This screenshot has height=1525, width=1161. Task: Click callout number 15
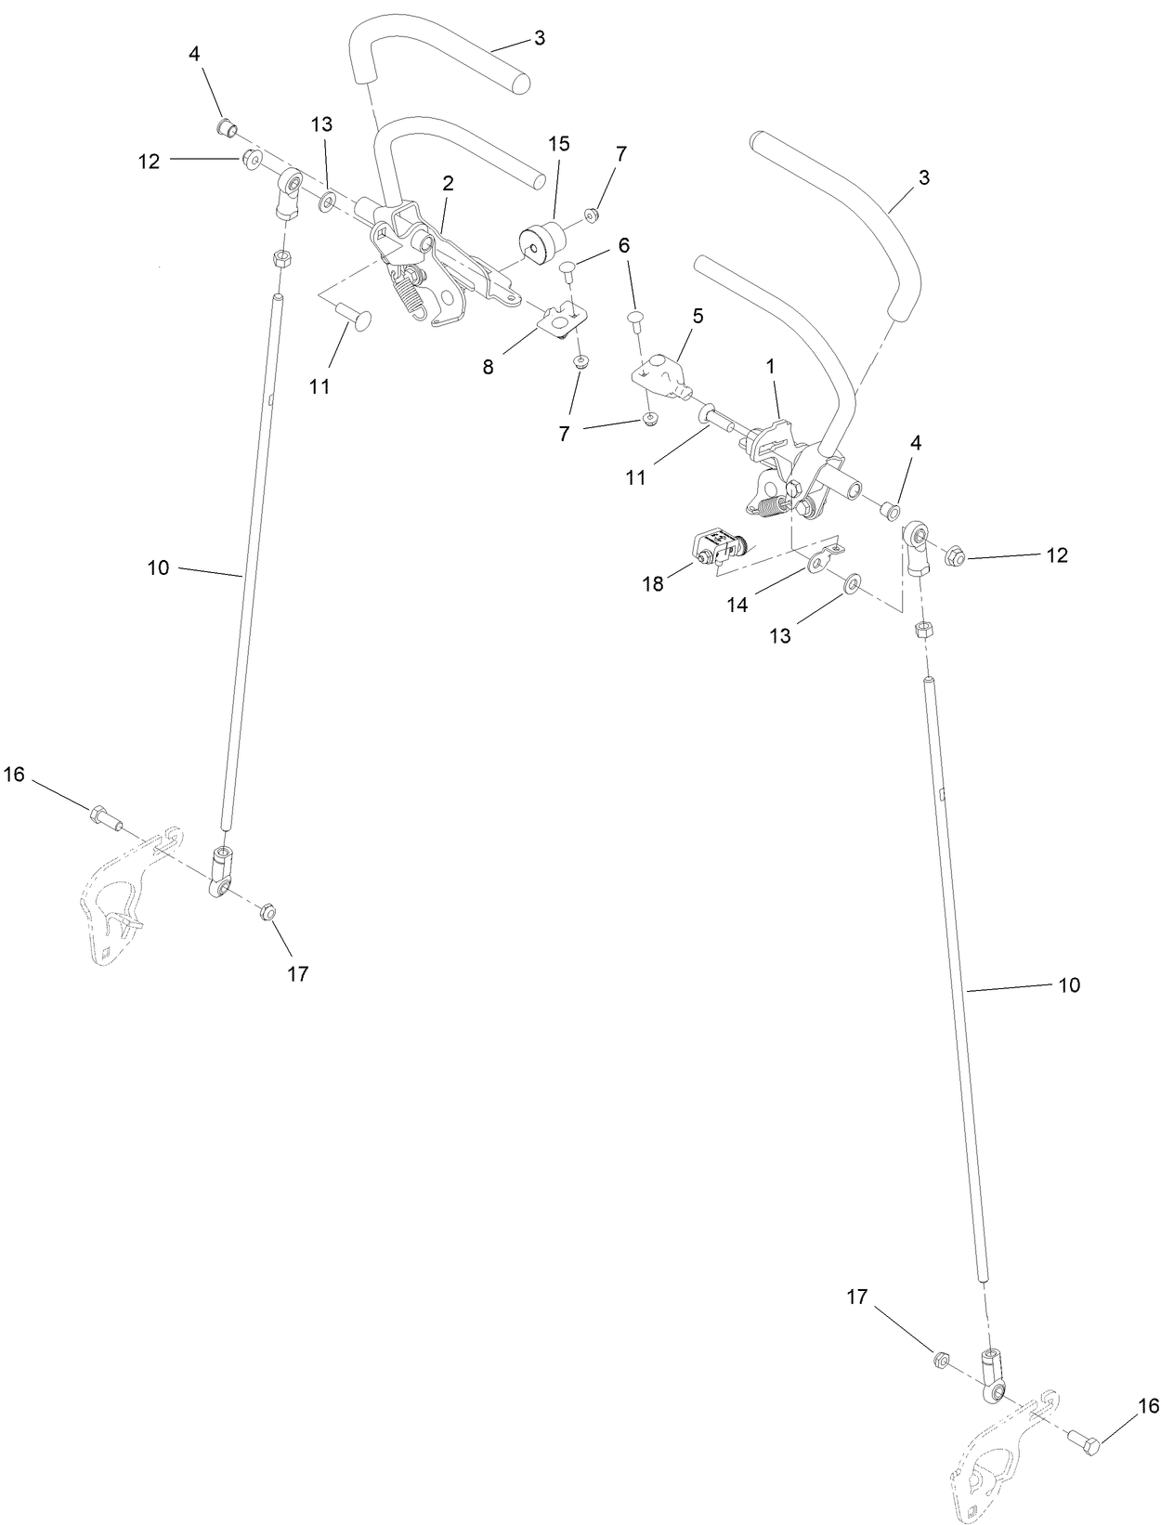(558, 144)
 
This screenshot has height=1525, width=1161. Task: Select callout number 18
(654, 584)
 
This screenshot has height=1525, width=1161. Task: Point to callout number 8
(488, 367)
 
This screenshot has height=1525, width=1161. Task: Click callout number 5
(697, 316)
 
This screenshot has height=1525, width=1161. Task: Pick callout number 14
(737, 606)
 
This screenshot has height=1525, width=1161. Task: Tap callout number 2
(448, 184)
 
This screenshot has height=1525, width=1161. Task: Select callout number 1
(770, 367)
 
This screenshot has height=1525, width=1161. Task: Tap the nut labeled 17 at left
(267, 911)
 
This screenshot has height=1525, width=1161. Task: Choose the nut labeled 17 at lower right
(940, 1361)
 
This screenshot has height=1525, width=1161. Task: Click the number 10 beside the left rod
(159, 567)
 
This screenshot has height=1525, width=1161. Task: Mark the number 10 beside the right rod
(1069, 984)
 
